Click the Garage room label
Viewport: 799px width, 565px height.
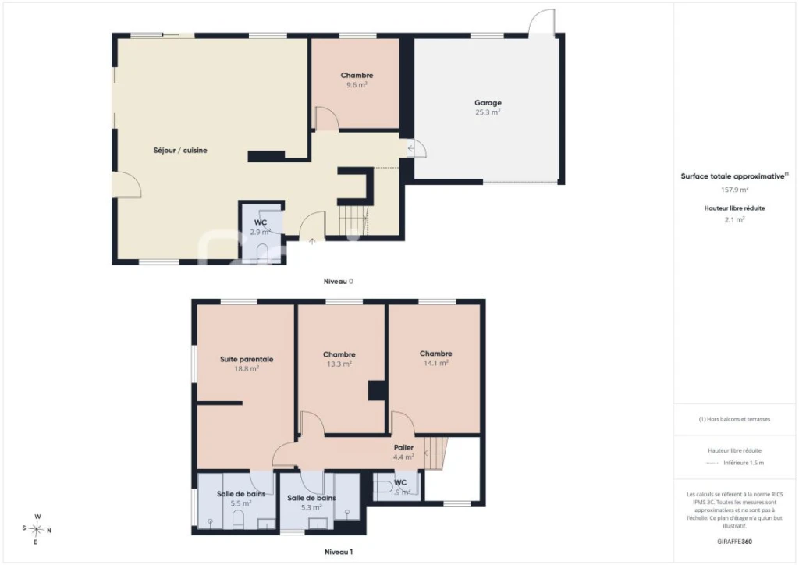tap(488, 103)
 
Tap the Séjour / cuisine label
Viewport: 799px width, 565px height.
tap(180, 151)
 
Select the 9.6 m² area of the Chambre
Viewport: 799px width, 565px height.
tap(357, 85)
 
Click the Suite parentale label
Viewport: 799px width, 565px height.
tap(247, 359)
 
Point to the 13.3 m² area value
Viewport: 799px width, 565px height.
tap(339, 364)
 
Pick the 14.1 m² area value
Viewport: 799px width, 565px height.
tap(436, 363)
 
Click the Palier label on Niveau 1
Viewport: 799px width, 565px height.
tap(403, 447)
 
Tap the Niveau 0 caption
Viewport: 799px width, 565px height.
tap(339, 281)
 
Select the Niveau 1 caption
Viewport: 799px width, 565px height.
tap(339, 552)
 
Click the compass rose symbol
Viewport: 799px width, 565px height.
tap(37, 529)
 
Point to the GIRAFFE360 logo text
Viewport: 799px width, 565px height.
tap(734, 542)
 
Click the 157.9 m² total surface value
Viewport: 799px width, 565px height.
tap(734, 190)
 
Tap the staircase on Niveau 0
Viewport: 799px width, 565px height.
tap(354, 219)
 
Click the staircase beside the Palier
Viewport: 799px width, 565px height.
tap(435, 453)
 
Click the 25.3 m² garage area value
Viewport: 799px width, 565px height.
tap(488, 112)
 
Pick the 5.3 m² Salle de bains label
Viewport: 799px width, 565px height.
tap(311, 498)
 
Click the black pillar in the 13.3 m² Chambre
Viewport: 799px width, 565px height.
tap(377, 391)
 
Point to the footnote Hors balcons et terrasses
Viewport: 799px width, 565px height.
tap(734, 419)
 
